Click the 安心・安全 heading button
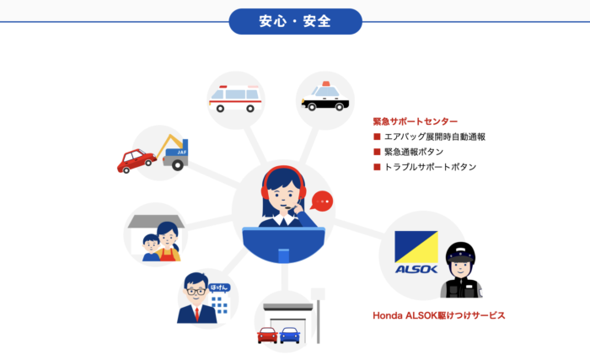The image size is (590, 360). (295, 21)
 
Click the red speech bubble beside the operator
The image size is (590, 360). (321, 201)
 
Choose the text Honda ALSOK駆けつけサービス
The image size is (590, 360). (438, 315)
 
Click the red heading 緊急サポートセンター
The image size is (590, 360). (416, 121)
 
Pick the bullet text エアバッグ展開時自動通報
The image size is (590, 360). (435, 137)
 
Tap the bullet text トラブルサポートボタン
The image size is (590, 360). (430, 167)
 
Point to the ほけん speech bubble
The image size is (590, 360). (218, 288)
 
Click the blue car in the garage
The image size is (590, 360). (290, 335)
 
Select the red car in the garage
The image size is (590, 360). (267, 335)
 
